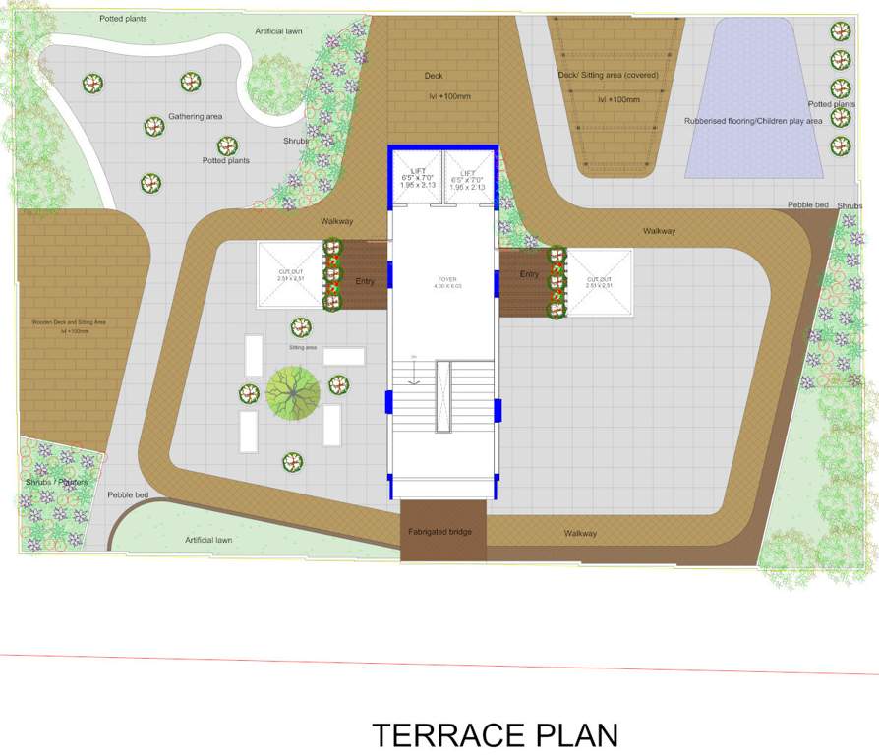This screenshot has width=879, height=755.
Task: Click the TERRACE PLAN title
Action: pos(495,734)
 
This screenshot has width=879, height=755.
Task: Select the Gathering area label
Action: pos(195,116)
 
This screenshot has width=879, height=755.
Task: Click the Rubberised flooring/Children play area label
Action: pos(753,121)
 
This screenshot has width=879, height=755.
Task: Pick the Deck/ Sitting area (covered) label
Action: pos(615,75)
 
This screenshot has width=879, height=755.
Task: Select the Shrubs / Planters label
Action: pos(56,482)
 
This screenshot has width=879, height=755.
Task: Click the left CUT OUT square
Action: pos(290,278)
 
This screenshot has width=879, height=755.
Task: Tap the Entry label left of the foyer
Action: pos(365,282)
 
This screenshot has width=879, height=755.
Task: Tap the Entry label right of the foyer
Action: pos(529,274)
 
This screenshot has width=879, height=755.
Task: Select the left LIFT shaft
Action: pos(417,178)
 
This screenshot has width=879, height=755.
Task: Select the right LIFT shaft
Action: pos(469,178)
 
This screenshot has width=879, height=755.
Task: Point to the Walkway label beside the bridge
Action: pos(580,533)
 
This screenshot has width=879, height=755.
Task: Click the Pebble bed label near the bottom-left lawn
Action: pos(128,494)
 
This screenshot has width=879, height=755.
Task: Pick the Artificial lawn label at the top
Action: pos(278,31)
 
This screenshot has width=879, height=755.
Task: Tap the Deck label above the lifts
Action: pos(434,76)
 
